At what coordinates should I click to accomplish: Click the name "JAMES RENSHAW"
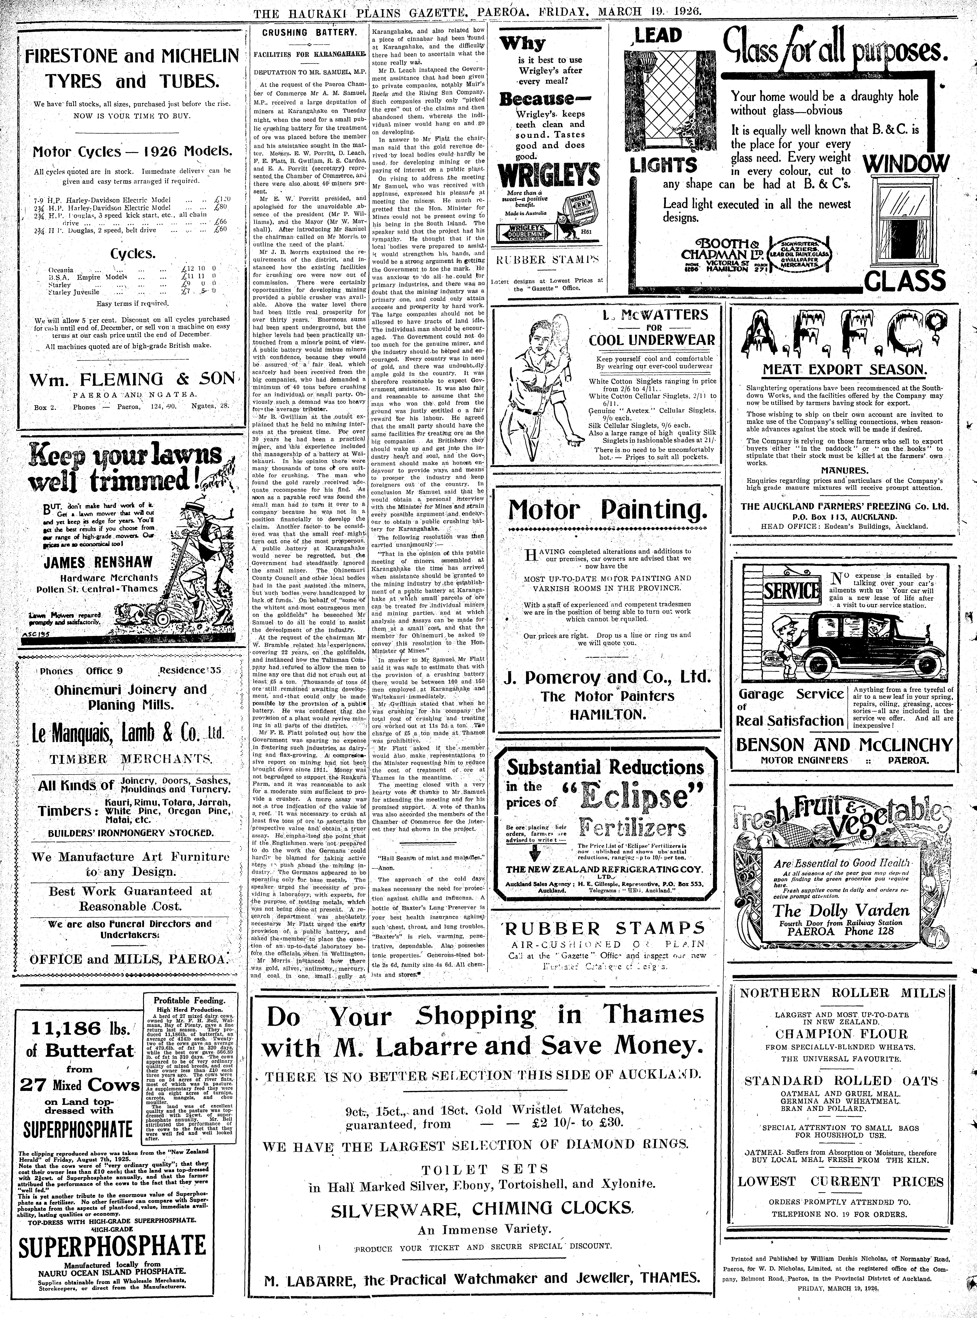click(x=98, y=562)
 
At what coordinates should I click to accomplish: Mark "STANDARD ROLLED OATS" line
click(x=842, y=1081)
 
